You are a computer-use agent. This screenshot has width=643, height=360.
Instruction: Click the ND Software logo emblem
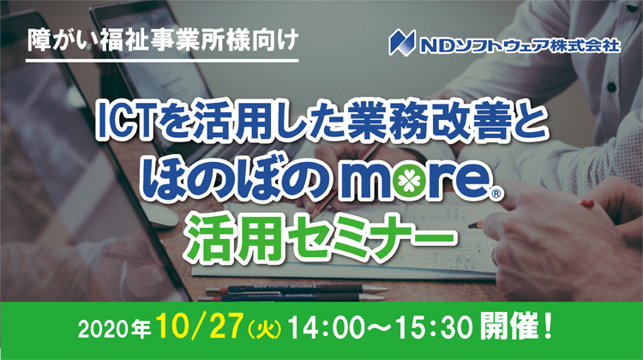coord(403,42)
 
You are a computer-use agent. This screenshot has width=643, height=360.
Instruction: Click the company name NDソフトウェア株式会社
coord(520,44)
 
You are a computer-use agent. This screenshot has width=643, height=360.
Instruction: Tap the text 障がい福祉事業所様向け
coord(162,40)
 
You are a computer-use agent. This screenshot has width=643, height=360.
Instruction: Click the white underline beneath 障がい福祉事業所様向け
coord(162,61)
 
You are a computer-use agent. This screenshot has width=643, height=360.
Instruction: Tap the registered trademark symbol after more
coord(496,195)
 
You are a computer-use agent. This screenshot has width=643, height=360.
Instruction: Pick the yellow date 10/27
coord(200,326)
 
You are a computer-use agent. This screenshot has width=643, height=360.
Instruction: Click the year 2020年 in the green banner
coord(114,329)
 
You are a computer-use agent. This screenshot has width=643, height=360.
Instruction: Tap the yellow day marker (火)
coord(265,329)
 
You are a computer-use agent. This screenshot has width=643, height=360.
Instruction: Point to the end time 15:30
coord(434,328)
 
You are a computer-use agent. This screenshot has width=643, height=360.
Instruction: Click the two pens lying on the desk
coord(292,294)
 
